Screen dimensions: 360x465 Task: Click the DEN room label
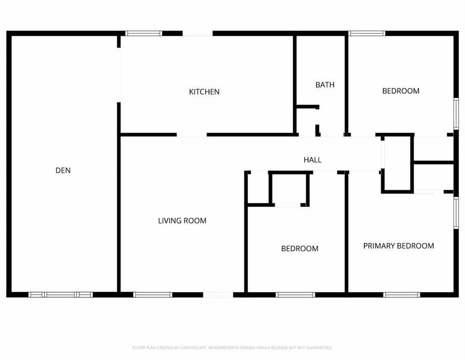coord(63,171)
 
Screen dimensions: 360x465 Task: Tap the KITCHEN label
coord(204,92)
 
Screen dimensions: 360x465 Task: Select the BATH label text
coord(325,85)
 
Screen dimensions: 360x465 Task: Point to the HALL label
coord(312,160)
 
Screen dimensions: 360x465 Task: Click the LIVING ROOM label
coord(182,221)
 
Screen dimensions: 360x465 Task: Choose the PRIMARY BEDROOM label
coord(399,246)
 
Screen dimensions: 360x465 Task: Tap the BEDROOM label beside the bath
coord(401,91)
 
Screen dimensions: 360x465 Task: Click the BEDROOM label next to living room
coord(300,248)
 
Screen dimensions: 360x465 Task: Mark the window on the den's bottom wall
coord(61,294)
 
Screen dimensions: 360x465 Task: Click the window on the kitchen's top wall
coord(144,33)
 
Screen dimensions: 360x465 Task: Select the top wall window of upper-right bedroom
coord(367,33)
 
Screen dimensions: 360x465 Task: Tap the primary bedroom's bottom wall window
coord(401,294)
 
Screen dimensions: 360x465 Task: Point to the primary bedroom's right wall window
coord(456,212)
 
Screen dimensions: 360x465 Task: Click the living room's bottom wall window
coord(153,294)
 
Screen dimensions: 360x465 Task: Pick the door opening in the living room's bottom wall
coord(218,294)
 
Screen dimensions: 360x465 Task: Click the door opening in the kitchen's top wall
coord(197,33)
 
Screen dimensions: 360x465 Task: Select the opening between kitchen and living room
coord(192,135)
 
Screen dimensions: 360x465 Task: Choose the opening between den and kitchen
coord(119,74)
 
